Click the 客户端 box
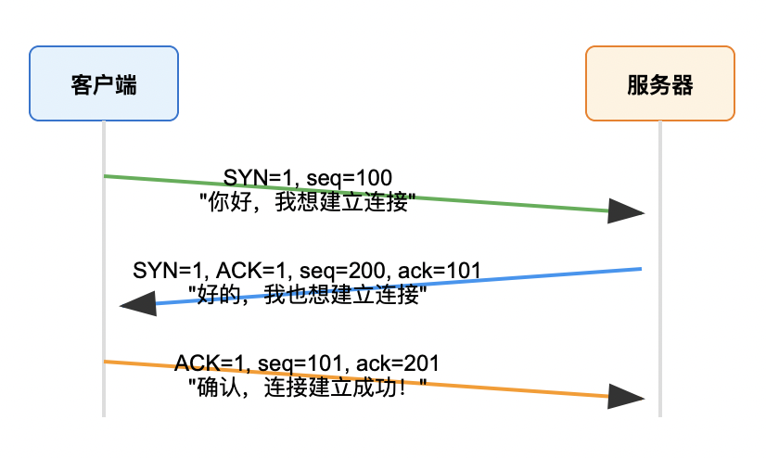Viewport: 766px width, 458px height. pyautogui.click(x=103, y=83)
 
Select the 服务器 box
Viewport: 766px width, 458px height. pyautogui.click(x=660, y=83)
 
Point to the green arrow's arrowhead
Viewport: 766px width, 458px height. pyautogui.click(x=627, y=211)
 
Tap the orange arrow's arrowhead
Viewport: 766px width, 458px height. pyautogui.click(x=627, y=397)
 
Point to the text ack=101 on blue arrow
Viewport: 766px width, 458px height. pyautogui.click(x=440, y=271)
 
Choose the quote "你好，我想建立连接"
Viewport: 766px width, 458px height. pyautogui.click(x=306, y=201)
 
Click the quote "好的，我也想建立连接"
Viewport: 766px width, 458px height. pyautogui.click(x=306, y=295)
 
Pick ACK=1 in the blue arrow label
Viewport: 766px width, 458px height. pyautogui.click(x=251, y=271)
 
